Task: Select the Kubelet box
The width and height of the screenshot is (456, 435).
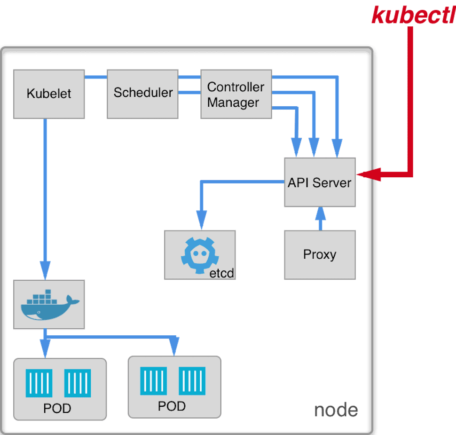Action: (x=49, y=94)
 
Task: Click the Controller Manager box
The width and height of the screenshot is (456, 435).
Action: (x=236, y=94)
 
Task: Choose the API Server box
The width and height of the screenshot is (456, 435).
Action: (x=320, y=182)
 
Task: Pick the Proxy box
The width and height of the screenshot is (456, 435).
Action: (x=320, y=255)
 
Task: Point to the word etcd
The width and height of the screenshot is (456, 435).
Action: (x=221, y=273)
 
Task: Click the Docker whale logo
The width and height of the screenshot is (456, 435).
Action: (x=49, y=305)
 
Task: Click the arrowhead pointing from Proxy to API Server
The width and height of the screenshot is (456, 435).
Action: (x=320, y=214)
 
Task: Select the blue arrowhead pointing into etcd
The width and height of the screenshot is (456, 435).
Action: (x=202, y=221)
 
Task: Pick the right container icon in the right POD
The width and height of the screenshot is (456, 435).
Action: (x=193, y=380)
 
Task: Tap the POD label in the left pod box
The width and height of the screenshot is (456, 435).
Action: (x=57, y=408)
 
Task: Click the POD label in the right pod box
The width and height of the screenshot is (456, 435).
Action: (x=172, y=406)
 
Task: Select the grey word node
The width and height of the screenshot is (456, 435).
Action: (x=336, y=410)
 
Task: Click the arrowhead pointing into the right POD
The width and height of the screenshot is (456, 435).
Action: (x=174, y=348)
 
